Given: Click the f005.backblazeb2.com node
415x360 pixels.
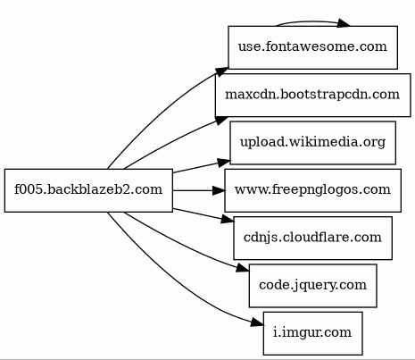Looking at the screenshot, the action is [88, 190].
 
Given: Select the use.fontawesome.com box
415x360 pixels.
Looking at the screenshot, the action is [313, 47].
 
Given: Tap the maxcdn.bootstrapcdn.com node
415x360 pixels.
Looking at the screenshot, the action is [313, 96].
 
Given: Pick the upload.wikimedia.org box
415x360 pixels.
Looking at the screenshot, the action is [313, 143].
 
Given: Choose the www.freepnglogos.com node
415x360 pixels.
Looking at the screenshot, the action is [313, 190].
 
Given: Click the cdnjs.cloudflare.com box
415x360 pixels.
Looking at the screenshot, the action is [313, 239].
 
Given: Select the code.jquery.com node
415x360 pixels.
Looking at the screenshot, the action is [313, 286].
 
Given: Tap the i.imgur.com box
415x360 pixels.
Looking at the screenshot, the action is [313, 333].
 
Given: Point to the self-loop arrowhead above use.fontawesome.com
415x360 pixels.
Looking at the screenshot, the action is [344, 24].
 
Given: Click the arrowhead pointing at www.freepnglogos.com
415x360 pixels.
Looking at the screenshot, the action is [219, 190].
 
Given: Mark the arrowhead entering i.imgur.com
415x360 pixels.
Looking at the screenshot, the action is [257, 322].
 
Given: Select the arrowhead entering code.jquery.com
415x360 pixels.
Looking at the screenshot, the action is [243, 268].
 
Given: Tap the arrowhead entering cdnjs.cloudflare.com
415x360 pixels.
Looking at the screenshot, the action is [228, 220].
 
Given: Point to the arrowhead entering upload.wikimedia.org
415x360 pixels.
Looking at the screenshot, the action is [224, 163].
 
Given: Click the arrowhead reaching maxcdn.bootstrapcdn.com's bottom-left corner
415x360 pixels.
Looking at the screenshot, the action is [220, 121].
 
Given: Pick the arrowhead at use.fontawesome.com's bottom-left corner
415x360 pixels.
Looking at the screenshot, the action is [221, 71].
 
